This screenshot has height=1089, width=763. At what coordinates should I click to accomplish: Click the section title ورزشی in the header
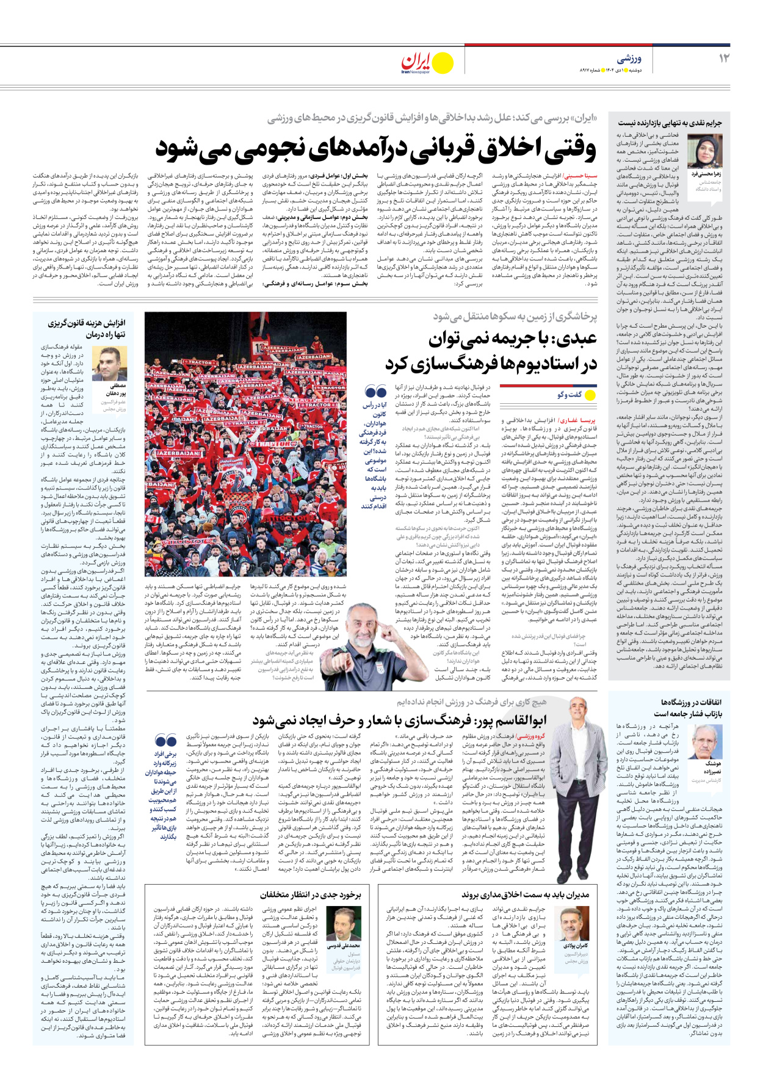point(629,59)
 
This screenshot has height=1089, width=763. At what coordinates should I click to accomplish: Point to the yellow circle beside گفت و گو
point(590,395)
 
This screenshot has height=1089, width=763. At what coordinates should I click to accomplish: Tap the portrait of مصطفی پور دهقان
point(111,364)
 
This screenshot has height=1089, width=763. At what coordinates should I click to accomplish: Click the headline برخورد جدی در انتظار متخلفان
point(311,895)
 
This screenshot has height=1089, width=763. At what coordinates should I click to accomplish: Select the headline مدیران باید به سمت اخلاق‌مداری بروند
point(526,895)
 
